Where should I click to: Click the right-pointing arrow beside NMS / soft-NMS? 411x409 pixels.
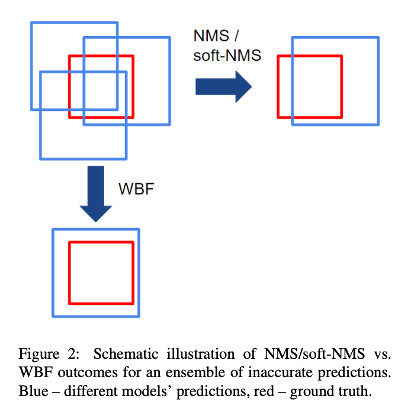224,87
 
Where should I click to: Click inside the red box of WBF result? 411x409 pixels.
101,272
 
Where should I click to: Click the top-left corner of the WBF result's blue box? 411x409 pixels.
53,229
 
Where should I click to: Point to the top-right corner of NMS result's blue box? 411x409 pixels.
377,37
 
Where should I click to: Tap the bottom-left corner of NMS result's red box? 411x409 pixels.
278,117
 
